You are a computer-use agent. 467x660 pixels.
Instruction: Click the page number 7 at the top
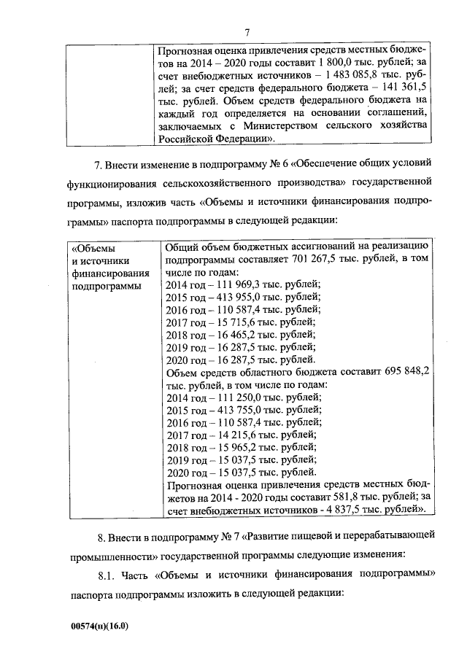(247, 32)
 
